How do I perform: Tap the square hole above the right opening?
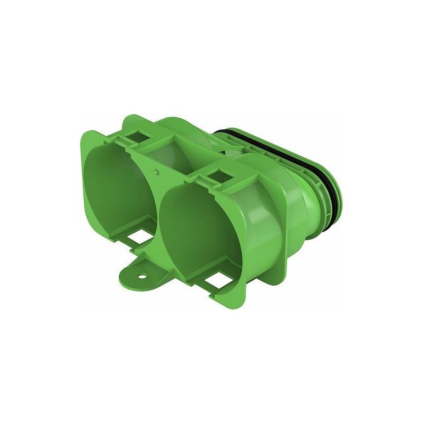click(218, 175)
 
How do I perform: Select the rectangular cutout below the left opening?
click(140, 238)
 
